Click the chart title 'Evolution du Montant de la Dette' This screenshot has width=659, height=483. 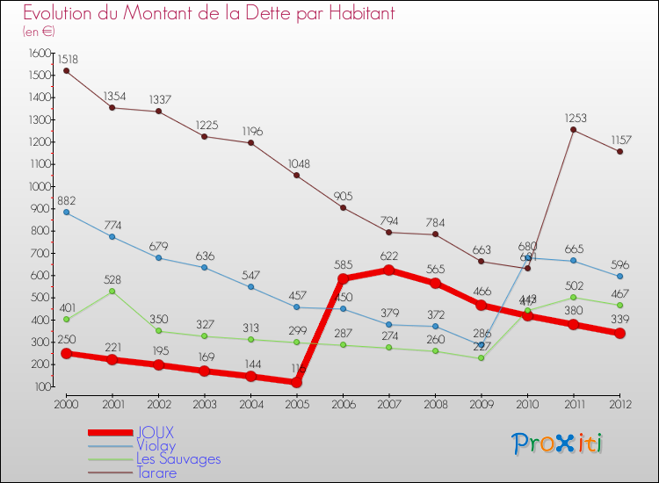click(208, 13)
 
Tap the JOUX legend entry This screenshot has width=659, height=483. click(155, 432)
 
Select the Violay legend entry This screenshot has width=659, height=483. click(156, 445)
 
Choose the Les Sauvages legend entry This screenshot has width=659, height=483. click(178, 458)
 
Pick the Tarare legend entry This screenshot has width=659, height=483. click(156, 472)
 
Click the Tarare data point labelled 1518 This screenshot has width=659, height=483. click(66, 70)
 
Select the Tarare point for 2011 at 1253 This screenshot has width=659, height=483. click(574, 130)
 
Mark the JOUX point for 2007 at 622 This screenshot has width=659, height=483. click(389, 270)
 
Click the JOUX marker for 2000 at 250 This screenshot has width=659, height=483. click(66, 353)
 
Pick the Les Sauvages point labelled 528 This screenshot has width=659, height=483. click(112, 291)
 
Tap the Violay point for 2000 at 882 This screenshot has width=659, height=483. click(66, 212)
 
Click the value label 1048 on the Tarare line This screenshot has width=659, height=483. click(297, 164)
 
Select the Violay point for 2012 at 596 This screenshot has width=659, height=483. click(619, 276)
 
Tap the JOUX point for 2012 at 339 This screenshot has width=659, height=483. click(619, 333)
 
